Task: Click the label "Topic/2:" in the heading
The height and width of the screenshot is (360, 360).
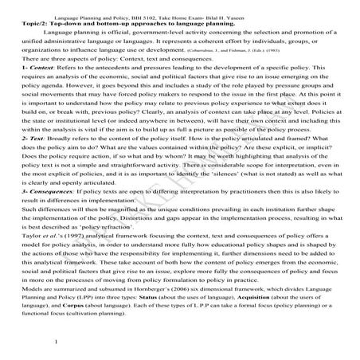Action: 29,24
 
